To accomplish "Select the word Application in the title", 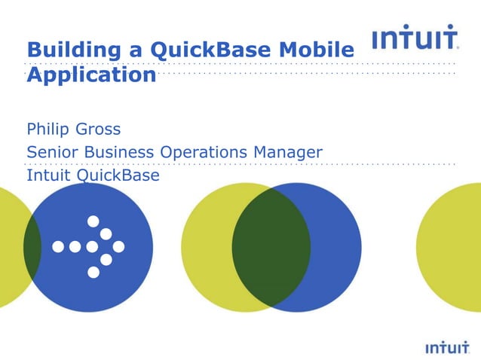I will pyautogui.click(x=91, y=77).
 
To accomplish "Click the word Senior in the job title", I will pyautogui.click(x=54, y=152).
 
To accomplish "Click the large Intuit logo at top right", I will pyautogui.click(x=415, y=38).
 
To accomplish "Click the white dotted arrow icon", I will pyautogui.click(x=90, y=246).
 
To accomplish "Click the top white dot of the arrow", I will pyautogui.click(x=93, y=221).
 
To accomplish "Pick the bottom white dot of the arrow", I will pyautogui.click(x=93, y=272).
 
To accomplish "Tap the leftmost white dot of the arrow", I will pyautogui.click(x=58, y=246).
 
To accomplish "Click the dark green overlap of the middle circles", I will pyautogui.click(x=271, y=246).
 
